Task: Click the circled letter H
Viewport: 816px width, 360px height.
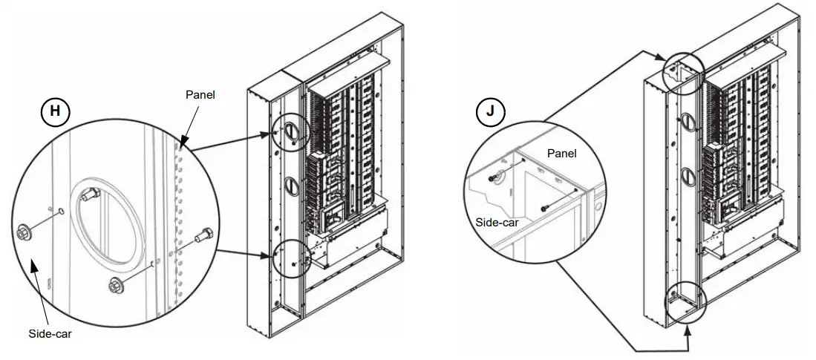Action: click(x=54, y=112)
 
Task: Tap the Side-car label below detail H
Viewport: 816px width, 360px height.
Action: click(x=50, y=333)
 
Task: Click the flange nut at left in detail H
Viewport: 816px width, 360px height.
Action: click(x=22, y=232)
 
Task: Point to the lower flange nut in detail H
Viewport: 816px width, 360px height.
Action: click(x=115, y=284)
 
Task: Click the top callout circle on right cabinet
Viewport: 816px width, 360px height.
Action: click(x=682, y=73)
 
